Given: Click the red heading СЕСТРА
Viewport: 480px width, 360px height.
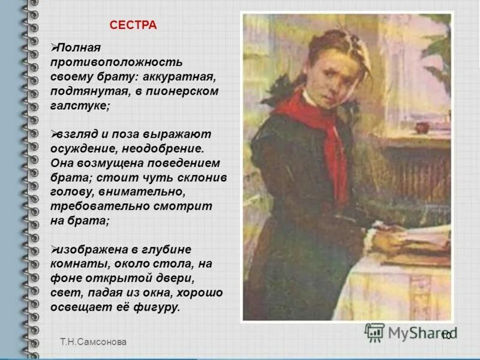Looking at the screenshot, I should [133, 25].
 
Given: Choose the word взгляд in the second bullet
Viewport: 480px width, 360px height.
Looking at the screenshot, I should [79, 134].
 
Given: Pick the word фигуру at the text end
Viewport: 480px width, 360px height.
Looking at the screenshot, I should [157, 308].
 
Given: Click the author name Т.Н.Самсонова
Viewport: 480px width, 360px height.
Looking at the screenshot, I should [94, 341].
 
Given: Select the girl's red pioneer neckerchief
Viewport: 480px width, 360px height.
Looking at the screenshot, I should [324, 129].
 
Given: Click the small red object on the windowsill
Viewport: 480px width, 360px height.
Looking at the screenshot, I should [424, 127].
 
